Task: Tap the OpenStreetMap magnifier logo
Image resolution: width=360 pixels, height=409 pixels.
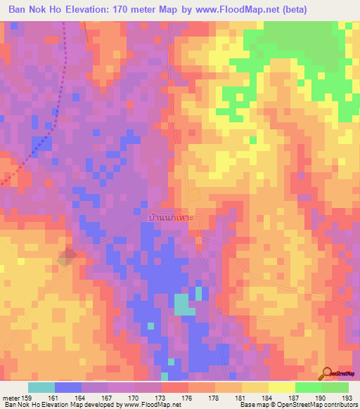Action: click(328, 373)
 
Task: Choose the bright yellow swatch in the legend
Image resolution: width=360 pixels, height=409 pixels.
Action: click(281, 387)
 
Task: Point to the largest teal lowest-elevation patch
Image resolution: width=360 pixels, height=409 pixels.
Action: click(184, 304)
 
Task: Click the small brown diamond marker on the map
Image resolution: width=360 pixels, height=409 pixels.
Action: click(67, 257)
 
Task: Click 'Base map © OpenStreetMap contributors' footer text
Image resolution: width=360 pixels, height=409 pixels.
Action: click(297, 405)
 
